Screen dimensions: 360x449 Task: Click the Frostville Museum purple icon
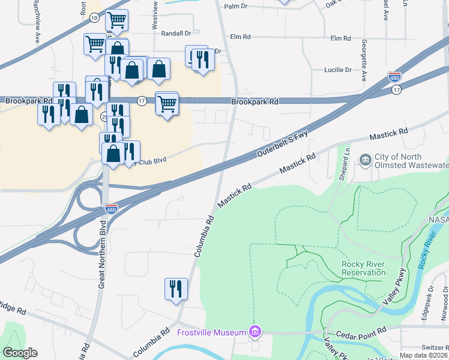pyautogui.click(x=256, y=332)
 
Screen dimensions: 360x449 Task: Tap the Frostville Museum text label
pyautogui.click(x=212, y=332)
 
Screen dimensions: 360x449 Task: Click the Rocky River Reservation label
pyautogui.click(x=363, y=268)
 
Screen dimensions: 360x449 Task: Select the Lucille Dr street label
pyautogui.click(x=337, y=70)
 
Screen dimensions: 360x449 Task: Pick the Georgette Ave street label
pyautogui.click(x=364, y=60)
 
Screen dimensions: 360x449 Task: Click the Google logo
pyautogui.click(x=20, y=353)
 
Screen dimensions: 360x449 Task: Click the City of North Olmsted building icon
pyautogui.click(x=365, y=160)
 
